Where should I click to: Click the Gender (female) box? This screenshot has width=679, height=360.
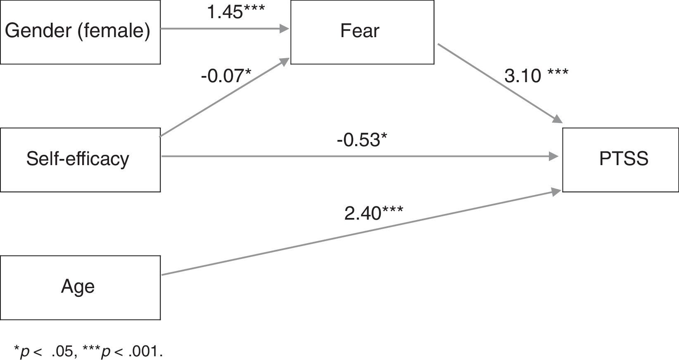click(80, 32)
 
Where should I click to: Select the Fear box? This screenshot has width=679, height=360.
click(362, 32)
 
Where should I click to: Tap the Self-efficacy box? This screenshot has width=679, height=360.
click(80, 160)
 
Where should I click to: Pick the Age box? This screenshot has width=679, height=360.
click(80, 287)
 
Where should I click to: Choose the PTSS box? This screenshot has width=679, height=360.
click(620, 160)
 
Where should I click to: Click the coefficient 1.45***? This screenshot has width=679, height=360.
click(235, 12)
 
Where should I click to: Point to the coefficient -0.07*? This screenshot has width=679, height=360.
click(226, 76)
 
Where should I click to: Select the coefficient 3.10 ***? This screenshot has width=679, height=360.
click(536, 76)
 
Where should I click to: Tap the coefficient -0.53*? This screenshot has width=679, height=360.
click(362, 140)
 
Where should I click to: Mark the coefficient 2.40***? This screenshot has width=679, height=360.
click(374, 213)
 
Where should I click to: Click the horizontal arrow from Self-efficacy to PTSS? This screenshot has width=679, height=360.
click(359, 156)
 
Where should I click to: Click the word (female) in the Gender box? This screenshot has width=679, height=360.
click(114, 31)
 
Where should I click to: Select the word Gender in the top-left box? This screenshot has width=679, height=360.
click(39, 31)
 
